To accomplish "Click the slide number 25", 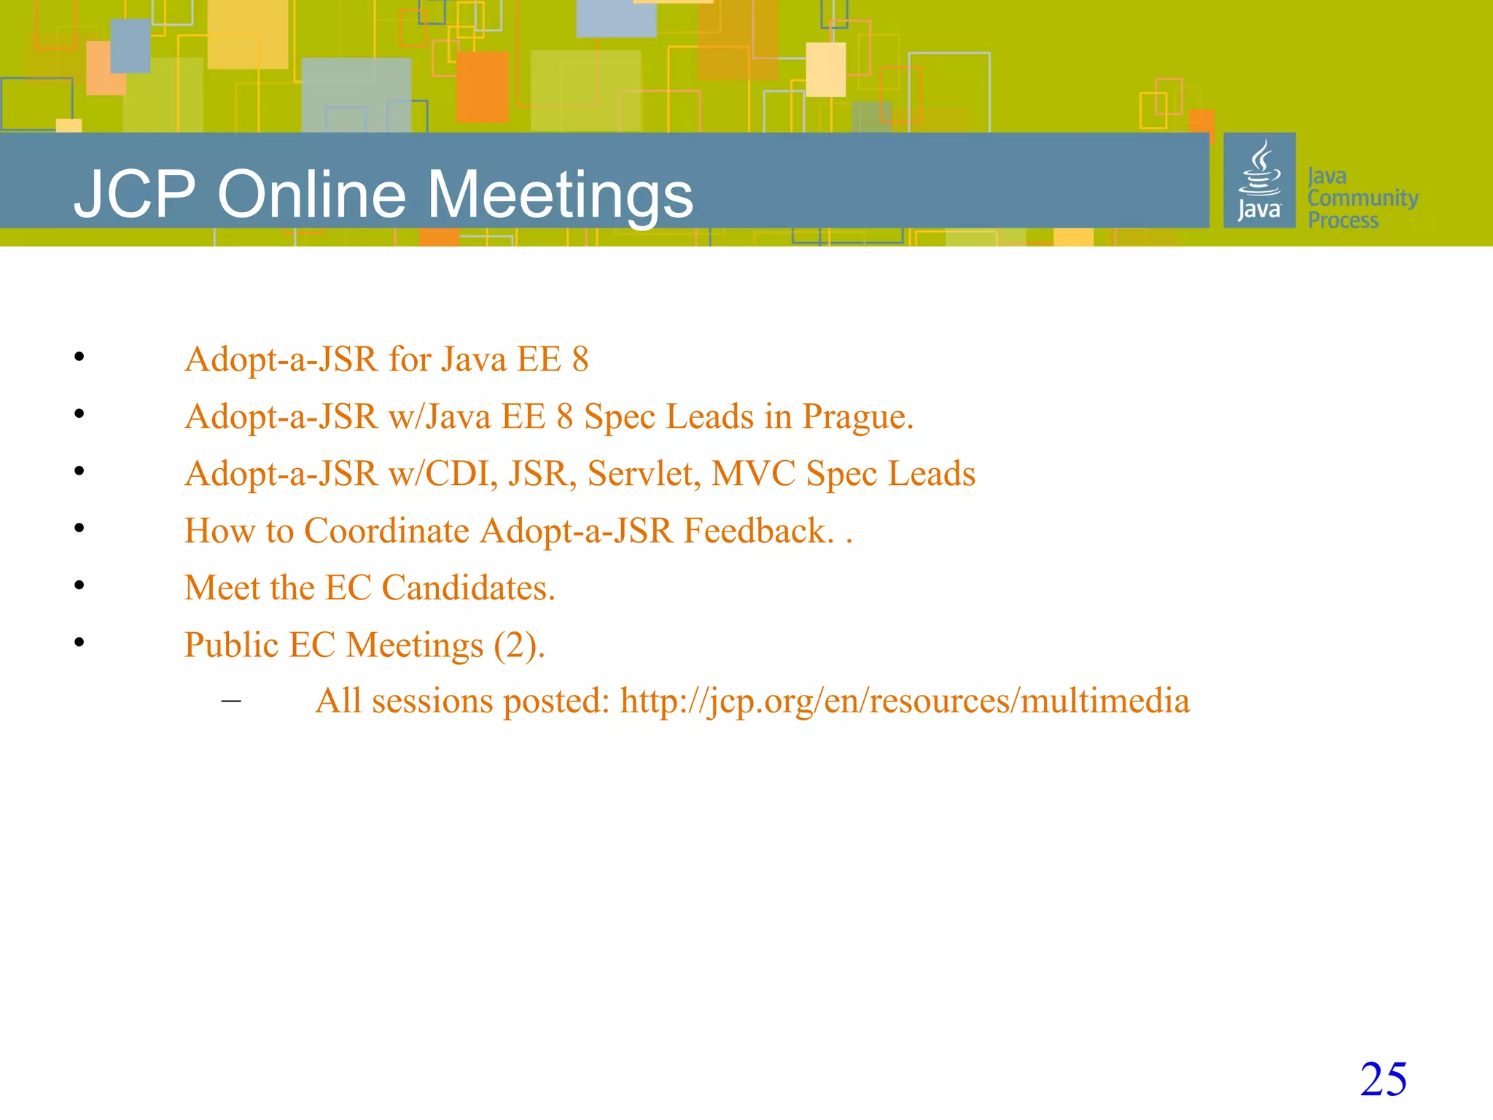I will pyautogui.click(x=1383, y=1079).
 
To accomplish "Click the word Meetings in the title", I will pyautogui.click(x=560, y=195).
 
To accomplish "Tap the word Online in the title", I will pyautogui.click(x=311, y=195).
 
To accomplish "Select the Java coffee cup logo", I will pyautogui.click(x=1259, y=180).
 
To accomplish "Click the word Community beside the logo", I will pyautogui.click(x=1363, y=198).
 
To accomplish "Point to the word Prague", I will pyautogui.click(x=857, y=417).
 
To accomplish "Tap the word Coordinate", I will pyautogui.click(x=386, y=531).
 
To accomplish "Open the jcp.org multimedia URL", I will pyautogui.click(x=905, y=701).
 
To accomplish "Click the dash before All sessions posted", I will pyautogui.click(x=231, y=701).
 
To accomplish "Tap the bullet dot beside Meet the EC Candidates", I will pyautogui.click(x=79, y=585).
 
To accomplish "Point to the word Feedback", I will pyautogui.click(x=758, y=531).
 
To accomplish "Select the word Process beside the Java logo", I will pyautogui.click(x=1343, y=220).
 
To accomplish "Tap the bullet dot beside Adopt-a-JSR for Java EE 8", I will pyautogui.click(x=79, y=357).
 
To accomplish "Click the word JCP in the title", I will pyautogui.click(x=136, y=195).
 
